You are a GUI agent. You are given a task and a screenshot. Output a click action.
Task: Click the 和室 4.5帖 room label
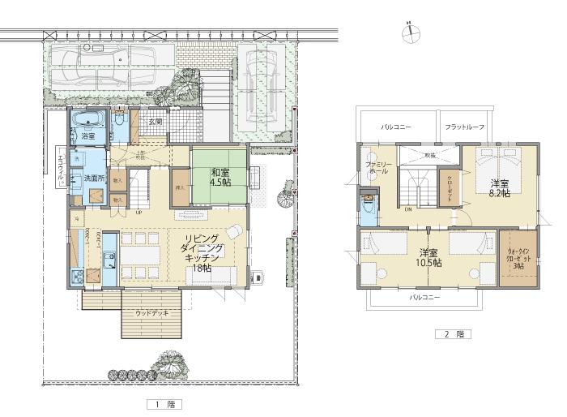(x=221, y=177)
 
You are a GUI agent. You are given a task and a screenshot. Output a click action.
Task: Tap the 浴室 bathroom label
(x=87, y=137)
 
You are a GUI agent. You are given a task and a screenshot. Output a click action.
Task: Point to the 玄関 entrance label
(x=155, y=122)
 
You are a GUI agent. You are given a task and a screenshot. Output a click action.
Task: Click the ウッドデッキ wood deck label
(x=151, y=312)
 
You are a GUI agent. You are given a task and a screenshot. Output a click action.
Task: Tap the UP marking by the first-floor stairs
(x=139, y=213)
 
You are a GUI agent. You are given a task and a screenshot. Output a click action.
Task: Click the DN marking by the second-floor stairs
(x=407, y=208)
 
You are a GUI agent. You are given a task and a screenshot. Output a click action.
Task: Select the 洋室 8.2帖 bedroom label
(x=500, y=189)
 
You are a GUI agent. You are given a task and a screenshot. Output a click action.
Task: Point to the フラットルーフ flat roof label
(x=464, y=128)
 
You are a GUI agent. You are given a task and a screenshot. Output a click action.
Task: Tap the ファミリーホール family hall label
(x=378, y=168)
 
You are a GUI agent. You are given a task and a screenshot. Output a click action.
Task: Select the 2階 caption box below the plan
(x=452, y=333)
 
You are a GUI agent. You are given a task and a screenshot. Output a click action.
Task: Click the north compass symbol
(x=410, y=32)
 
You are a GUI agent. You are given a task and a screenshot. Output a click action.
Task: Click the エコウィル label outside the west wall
(x=59, y=166)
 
